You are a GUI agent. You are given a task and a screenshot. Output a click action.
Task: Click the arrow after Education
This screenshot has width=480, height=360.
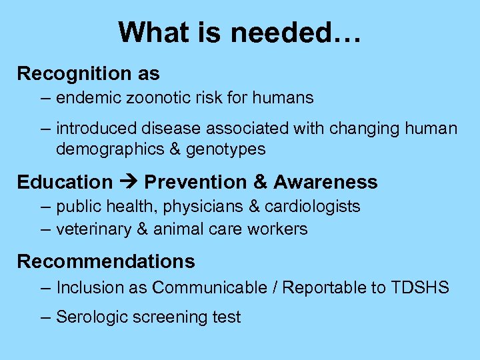click(x=128, y=182)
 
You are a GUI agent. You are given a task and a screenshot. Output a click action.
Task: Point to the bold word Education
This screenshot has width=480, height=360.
click(x=65, y=182)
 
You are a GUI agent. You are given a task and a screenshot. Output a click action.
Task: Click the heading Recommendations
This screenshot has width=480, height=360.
click(x=106, y=261)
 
